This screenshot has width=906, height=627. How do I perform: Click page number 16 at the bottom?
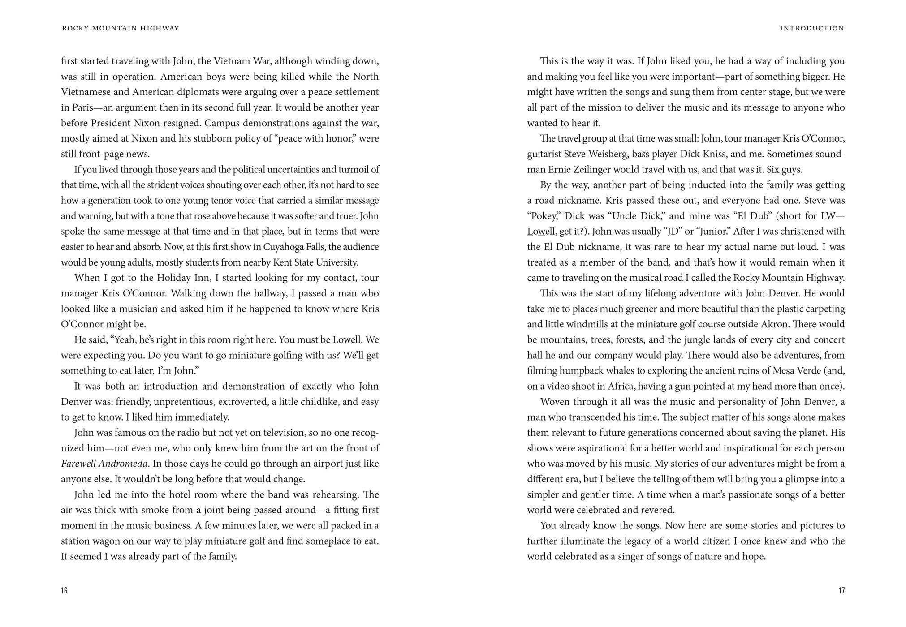(x=64, y=590)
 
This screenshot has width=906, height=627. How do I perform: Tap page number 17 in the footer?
(x=841, y=590)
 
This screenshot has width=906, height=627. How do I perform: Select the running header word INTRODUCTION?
(x=811, y=28)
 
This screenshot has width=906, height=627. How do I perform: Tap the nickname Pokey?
(x=543, y=216)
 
